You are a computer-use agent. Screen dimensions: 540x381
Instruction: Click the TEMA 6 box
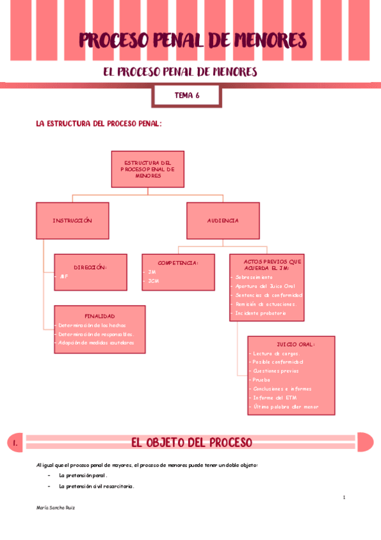coord(186,96)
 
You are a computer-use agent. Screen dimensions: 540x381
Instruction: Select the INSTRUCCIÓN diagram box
coord(72,220)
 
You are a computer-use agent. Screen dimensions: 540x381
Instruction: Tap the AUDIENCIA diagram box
coord(223,220)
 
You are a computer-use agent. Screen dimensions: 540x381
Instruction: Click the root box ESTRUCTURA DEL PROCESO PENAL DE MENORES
coord(148,169)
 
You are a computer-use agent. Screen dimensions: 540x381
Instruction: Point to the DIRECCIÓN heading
coord(90,267)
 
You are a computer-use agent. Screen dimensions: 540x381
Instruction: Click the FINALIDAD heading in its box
coord(100,316)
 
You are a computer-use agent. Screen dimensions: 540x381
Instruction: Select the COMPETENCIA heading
coord(178,262)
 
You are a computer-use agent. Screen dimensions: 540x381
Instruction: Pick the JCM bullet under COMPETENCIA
coord(153,281)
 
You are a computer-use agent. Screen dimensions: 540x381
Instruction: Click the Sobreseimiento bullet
coord(254,278)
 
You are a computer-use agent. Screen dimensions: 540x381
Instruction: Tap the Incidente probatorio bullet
coord(261,313)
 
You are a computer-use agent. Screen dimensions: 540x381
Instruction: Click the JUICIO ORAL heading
coord(296,344)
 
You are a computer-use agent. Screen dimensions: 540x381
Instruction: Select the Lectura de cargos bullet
coord(276,353)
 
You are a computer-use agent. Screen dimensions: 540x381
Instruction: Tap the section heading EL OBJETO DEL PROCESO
coord(191,443)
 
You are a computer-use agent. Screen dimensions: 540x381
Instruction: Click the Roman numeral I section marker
coord(14,443)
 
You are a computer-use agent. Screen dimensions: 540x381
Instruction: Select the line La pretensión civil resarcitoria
coord(96,487)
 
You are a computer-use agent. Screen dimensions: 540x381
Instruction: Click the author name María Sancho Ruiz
coord(57,508)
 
